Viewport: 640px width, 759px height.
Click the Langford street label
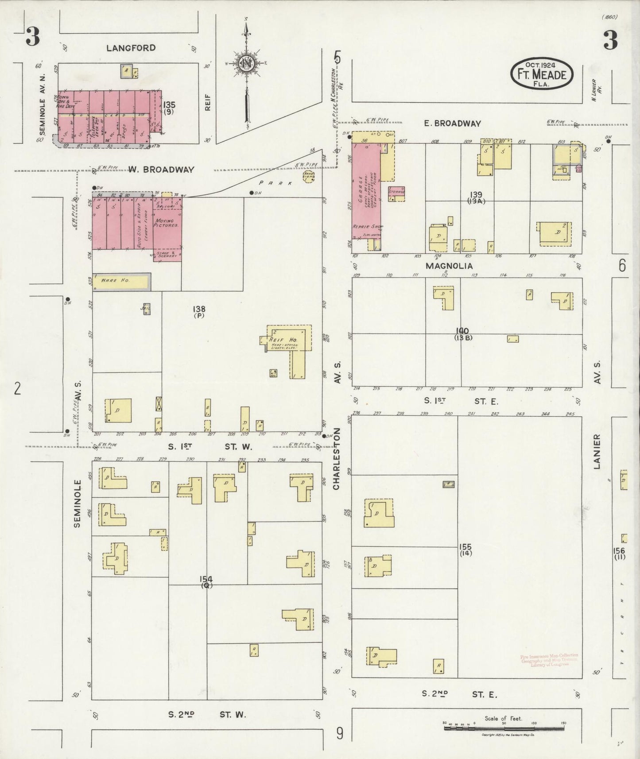pos(131,48)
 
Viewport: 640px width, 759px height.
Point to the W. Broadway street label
pos(162,170)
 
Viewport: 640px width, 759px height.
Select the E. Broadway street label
pos(452,124)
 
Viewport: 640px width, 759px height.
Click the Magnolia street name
pos(449,266)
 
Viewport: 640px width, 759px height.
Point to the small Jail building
pos(146,309)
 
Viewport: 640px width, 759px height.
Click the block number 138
pos(199,309)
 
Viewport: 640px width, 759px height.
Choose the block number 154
pos(206,579)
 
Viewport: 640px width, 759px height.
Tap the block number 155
pos(465,547)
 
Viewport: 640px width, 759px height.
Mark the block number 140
pos(462,331)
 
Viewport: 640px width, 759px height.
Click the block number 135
pos(169,105)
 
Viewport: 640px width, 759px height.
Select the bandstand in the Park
pos(308,176)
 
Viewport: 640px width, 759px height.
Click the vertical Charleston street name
pos(337,458)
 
